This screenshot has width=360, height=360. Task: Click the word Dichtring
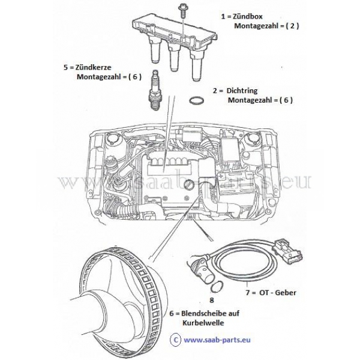point(247,90)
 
